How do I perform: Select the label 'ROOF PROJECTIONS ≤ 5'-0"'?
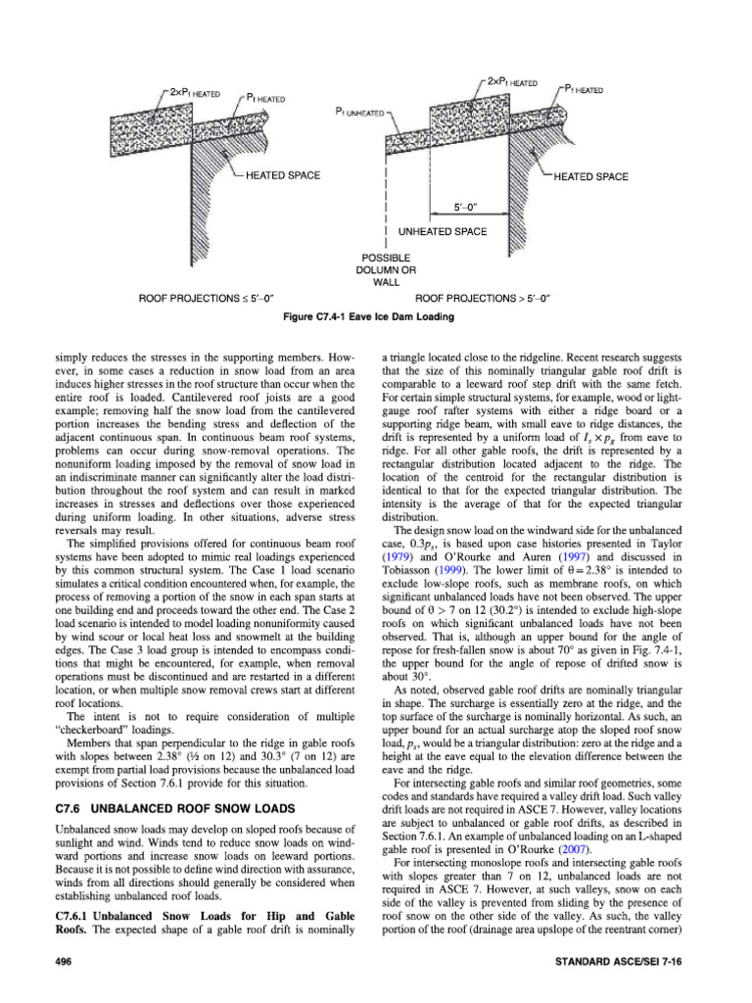click(x=206, y=296)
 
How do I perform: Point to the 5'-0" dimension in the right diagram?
click(x=470, y=208)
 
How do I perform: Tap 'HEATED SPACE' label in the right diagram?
click(x=593, y=176)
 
